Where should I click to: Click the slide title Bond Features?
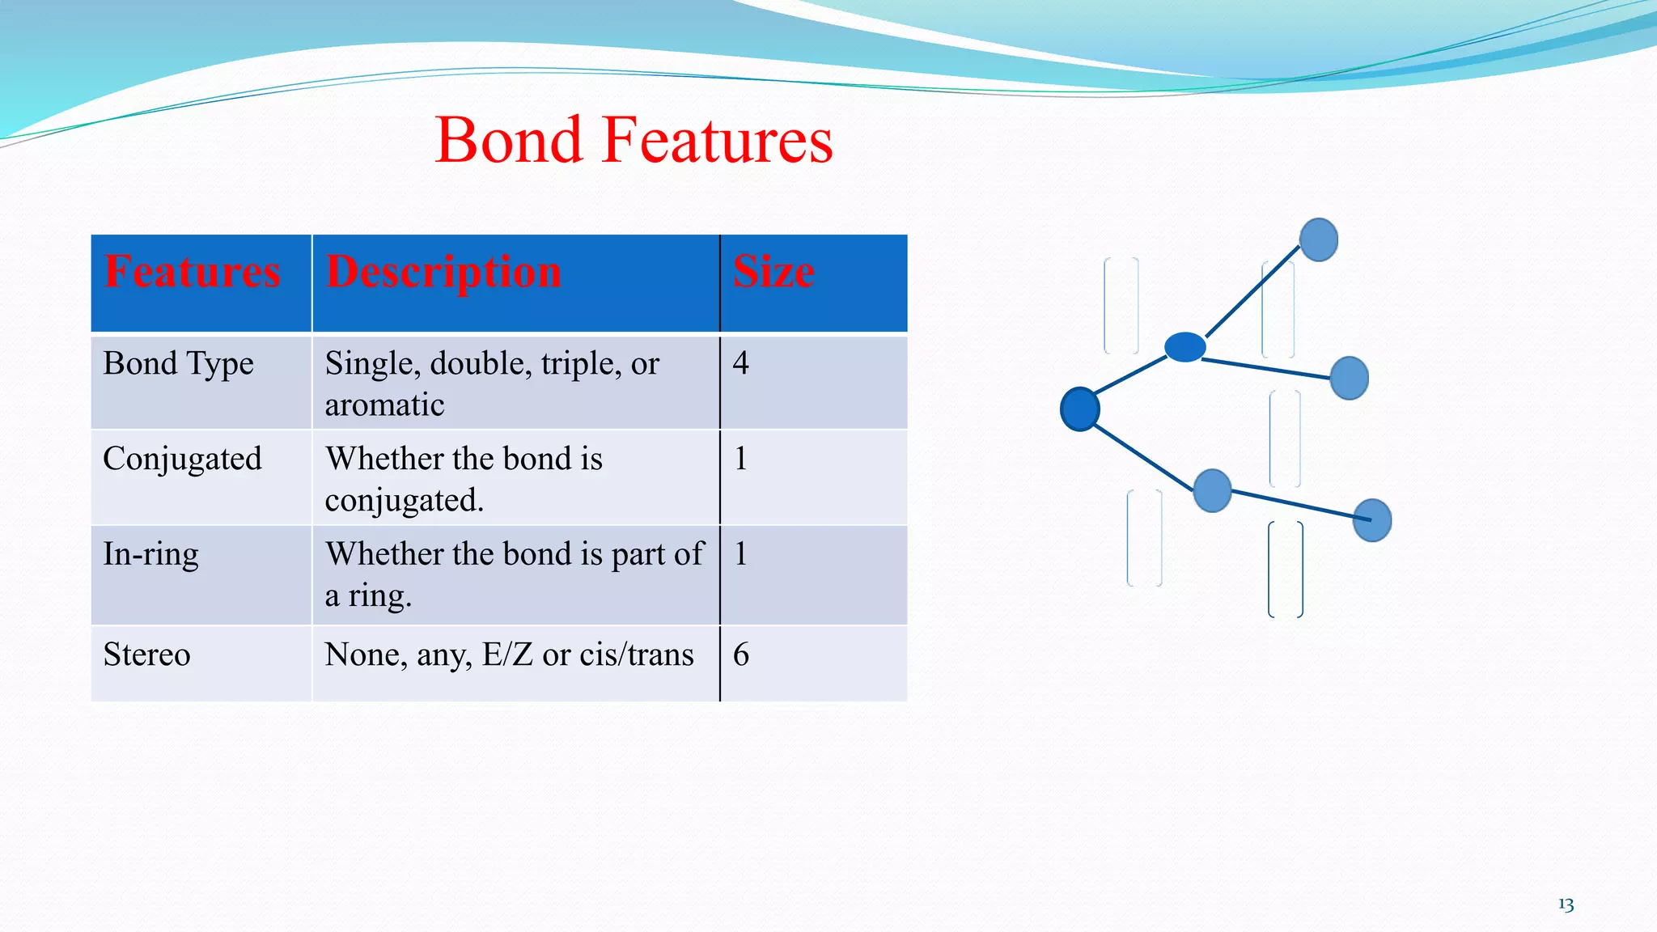634,140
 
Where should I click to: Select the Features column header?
193,271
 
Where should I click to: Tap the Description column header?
443,271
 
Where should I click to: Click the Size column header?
773,271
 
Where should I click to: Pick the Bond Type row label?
178,363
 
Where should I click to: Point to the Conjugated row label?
182,459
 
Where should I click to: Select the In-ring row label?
150,554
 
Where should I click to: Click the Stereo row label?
146,655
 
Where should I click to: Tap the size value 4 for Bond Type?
740,363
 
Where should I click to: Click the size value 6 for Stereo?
740,655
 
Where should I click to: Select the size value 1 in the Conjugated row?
740,459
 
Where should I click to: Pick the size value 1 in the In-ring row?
740,554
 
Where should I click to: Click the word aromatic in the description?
384,405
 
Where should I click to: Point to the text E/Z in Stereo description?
507,655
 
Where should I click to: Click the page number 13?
1566,904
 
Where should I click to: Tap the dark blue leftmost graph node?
1079,409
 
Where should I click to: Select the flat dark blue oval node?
1185,347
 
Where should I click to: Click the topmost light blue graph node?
1318,239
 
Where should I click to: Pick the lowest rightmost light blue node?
1372,520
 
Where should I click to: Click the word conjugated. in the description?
404,501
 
